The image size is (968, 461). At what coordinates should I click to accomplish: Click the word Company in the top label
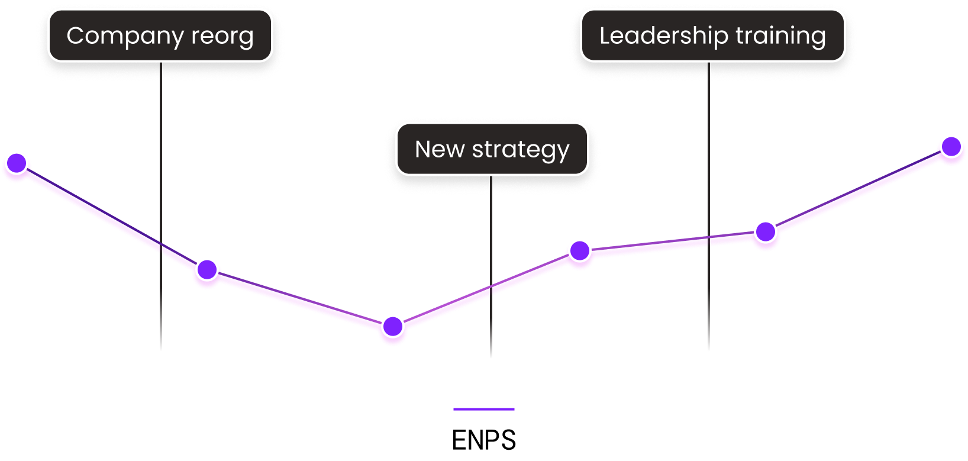125,36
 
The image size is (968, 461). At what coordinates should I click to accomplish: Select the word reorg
222,36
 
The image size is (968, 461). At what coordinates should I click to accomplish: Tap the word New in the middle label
440,150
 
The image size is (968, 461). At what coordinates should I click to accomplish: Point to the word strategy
521,150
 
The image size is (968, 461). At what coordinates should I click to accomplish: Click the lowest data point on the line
393,326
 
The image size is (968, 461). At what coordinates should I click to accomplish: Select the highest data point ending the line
951,146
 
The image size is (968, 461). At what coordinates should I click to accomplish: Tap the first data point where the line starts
17,163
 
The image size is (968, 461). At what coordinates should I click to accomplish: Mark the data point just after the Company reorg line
207,270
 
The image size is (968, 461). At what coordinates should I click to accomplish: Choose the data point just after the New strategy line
580,251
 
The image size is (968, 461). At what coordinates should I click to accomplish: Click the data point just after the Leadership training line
766,232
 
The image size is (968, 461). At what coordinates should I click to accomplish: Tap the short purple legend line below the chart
484,409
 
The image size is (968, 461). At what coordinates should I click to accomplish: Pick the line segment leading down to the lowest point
300,298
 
